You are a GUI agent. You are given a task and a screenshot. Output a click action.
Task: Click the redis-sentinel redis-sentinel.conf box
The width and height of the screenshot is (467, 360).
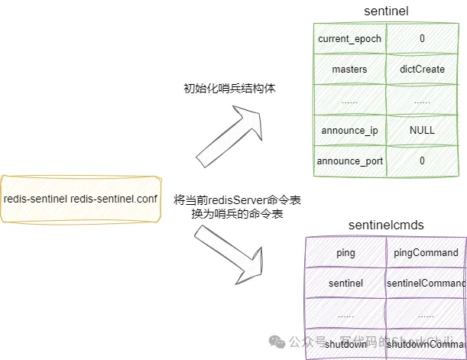(80, 199)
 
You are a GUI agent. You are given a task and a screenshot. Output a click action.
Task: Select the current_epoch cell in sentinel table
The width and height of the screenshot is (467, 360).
(349, 38)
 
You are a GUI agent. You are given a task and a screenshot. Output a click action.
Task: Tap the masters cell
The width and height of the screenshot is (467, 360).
(349, 69)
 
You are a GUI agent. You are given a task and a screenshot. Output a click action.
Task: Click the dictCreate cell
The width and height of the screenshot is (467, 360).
(421, 69)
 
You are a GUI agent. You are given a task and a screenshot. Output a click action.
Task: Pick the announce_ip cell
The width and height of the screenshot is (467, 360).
(349, 130)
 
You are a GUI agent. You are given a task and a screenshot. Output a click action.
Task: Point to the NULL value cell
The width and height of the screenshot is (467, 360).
(421, 130)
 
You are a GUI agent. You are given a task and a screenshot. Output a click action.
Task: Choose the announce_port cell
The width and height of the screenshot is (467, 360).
(349, 161)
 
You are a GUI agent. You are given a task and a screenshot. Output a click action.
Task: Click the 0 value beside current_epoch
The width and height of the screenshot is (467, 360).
(421, 38)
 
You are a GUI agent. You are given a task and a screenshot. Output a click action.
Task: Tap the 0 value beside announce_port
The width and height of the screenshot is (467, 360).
(421, 161)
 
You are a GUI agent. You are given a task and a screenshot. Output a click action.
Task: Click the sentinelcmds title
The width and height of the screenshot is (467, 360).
(386, 225)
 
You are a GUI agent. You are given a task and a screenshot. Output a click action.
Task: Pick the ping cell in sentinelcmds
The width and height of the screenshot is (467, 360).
(345, 252)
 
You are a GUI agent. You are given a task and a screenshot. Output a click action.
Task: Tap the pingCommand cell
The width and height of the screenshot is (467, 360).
(426, 252)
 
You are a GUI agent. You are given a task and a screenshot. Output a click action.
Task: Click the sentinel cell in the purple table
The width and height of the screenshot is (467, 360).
(345, 283)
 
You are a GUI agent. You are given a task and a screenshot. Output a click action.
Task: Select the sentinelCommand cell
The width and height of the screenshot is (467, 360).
(426, 283)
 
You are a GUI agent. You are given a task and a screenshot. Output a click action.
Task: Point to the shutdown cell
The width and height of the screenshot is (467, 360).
(345, 344)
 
